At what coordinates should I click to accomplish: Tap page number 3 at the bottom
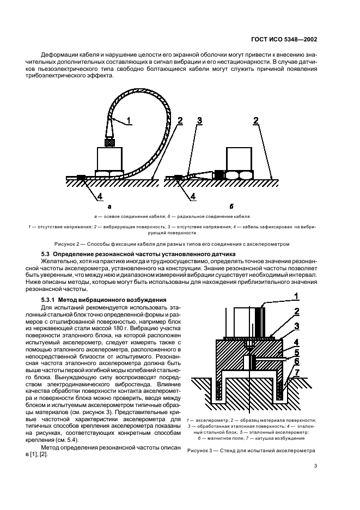[x=315, y=465]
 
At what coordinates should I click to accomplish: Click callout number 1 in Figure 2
[x=129, y=121]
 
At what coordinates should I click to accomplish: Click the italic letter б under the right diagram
[x=231, y=207]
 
